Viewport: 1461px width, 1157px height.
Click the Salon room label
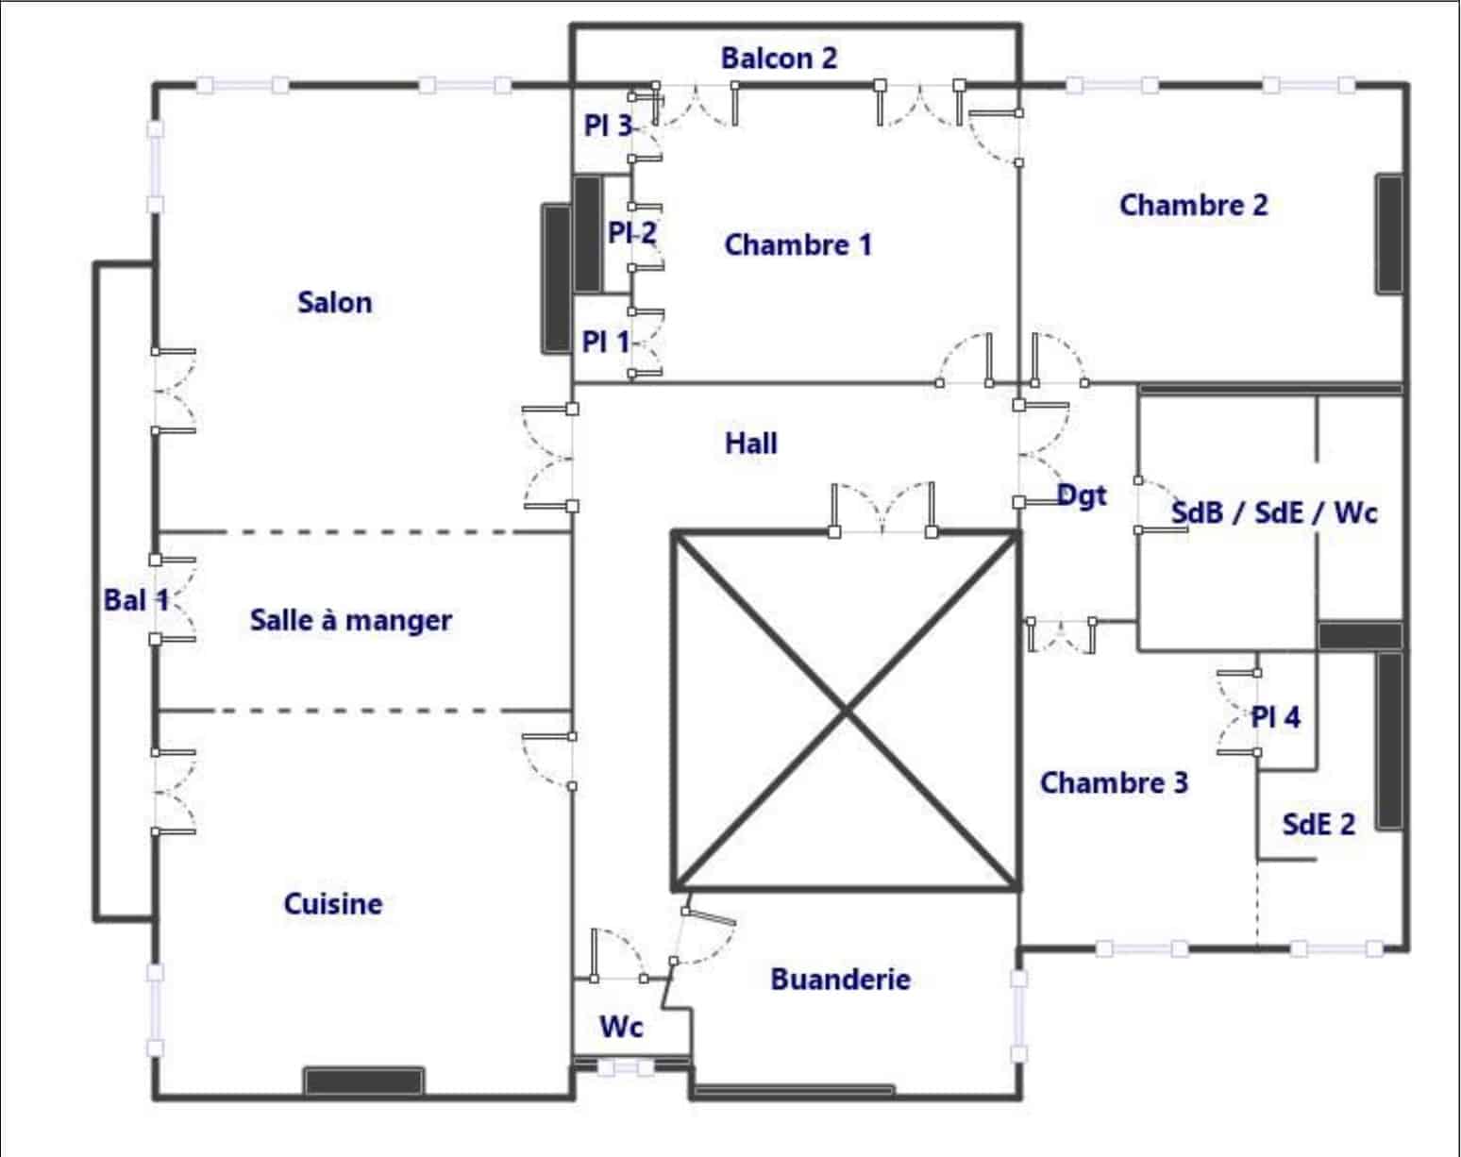click(x=335, y=303)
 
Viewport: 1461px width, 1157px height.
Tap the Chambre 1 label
click(x=798, y=245)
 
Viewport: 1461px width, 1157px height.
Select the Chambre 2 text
click(x=1194, y=205)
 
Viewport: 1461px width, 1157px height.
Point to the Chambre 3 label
click(x=1114, y=783)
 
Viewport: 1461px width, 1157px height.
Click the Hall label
click(x=751, y=444)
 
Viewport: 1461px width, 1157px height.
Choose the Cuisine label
click(x=332, y=904)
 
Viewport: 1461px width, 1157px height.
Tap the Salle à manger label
click(x=351, y=621)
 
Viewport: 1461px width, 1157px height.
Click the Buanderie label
click(x=841, y=979)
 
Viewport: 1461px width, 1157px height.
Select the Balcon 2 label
click(x=779, y=59)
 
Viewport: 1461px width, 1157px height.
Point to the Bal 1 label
click(x=136, y=600)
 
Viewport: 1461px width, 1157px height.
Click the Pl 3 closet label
click(x=609, y=126)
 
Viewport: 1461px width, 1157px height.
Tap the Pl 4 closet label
click(x=1276, y=717)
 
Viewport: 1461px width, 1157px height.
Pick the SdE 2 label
click(x=1318, y=824)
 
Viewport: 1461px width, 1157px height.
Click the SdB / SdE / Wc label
click(x=1274, y=512)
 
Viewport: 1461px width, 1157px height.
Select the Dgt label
click(x=1083, y=496)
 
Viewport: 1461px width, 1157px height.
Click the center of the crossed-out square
click(x=846, y=712)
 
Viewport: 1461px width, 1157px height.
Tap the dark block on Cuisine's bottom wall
click(x=363, y=1081)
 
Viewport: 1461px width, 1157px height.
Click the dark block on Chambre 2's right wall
click(x=1389, y=234)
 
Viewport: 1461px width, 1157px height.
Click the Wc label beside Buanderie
click(x=621, y=1028)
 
